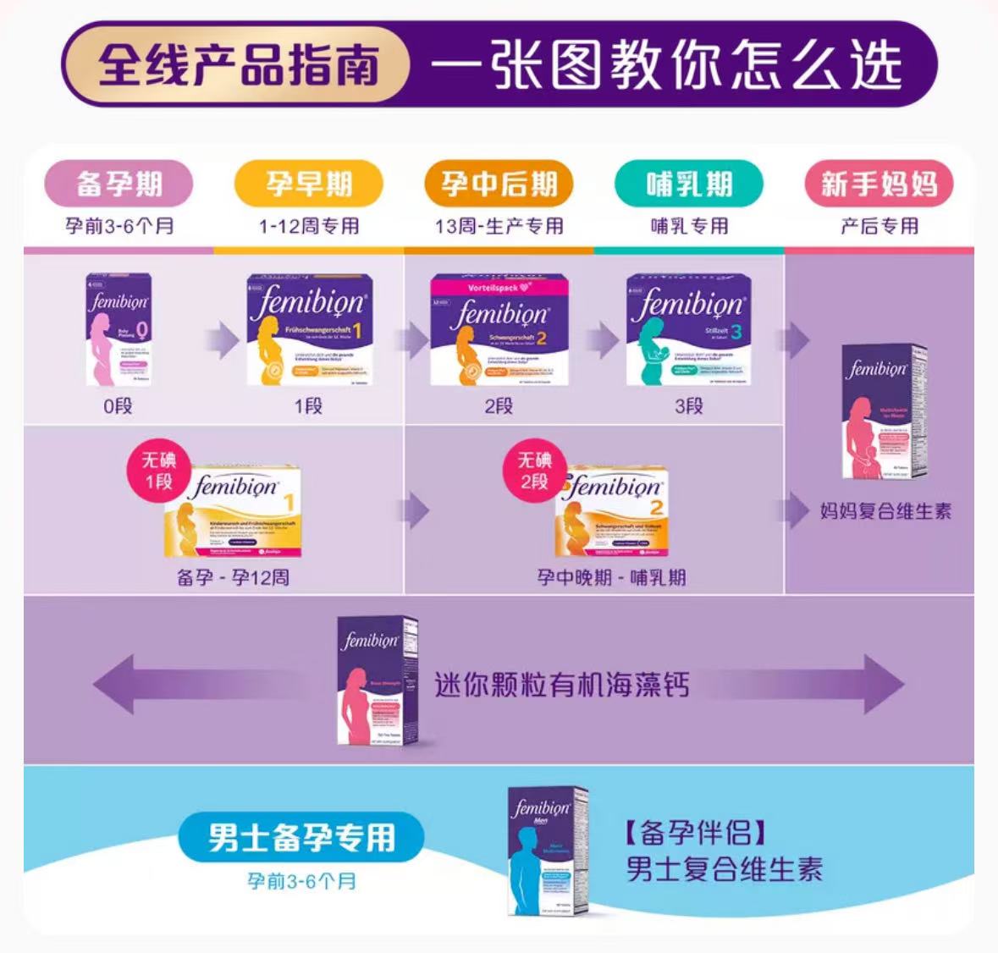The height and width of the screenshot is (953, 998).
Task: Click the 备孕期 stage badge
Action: (x=119, y=184)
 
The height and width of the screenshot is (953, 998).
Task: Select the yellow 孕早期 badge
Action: (x=308, y=184)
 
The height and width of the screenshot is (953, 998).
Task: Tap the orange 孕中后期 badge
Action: (x=499, y=184)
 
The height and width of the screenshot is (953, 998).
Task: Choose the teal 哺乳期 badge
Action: (x=689, y=184)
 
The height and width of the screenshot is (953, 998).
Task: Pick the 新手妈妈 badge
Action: (x=879, y=184)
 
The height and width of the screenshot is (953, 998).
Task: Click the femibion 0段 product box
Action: (x=119, y=330)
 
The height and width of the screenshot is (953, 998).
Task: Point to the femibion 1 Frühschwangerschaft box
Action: (x=309, y=330)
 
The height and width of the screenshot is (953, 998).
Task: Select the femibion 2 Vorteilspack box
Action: (x=499, y=330)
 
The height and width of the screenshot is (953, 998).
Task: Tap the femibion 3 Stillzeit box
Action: (x=688, y=330)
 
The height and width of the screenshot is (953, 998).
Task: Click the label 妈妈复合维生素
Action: (x=885, y=511)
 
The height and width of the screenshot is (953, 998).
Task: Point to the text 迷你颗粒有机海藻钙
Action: (x=562, y=685)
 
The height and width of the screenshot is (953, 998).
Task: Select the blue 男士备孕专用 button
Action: (x=301, y=837)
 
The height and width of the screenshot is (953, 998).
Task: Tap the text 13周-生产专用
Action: (x=499, y=226)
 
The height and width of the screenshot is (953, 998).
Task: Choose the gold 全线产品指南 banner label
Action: (x=238, y=65)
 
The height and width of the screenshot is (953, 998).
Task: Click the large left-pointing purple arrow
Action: (x=161, y=685)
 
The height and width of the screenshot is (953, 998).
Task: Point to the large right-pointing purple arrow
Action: (x=838, y=685)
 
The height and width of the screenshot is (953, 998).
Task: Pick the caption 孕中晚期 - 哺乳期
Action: (x=611, y=578)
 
